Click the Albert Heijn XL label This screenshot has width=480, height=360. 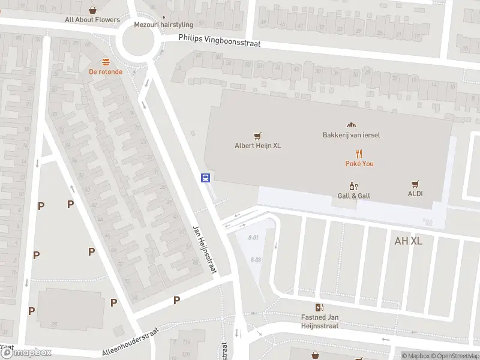pos(257,145)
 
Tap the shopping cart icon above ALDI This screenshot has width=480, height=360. pos(415,184)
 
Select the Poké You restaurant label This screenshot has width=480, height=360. pos(359,164)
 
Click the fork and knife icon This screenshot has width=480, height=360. pos(359,154)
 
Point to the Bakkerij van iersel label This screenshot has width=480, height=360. pos(351,135)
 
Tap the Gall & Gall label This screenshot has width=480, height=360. pos(353,196)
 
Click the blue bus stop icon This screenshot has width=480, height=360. pos(205,178)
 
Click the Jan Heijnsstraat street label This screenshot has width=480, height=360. pos(203,250)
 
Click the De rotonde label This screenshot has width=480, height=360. pos(106,71)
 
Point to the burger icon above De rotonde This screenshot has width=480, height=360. pos(106,62)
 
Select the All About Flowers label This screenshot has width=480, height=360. pos(92,20)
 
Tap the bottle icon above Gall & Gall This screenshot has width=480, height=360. pos(353,187)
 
